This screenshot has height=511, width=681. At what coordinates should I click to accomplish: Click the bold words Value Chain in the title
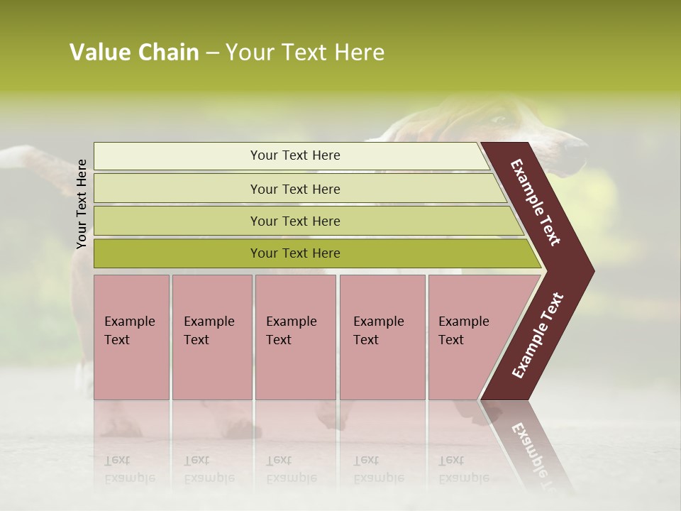[x=134, y=53]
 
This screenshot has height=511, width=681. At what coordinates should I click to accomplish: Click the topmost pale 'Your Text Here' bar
[x=295, y=155]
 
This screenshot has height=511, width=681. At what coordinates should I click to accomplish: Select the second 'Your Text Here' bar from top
[x=295, y=189]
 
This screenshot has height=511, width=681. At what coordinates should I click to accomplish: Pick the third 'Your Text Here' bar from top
[x=295, y=221]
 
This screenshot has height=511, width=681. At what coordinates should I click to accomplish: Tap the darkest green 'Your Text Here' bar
[x=295, y=253]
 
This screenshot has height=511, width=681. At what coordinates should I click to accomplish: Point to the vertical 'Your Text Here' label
[x=82, y=204]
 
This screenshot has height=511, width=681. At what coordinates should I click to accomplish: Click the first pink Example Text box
[x=131, y=337]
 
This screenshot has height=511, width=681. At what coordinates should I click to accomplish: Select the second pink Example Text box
[x=212, y=337]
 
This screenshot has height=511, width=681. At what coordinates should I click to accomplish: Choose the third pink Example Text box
[x=295, y=337]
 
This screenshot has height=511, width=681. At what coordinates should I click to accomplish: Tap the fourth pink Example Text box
[x=382, y=337]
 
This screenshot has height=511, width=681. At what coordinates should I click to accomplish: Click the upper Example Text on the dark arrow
[x=536, y=203]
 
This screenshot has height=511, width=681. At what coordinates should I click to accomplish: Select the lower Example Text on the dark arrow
[x=538, y=336]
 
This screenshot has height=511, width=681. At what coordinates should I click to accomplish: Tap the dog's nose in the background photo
[x=578, y=147]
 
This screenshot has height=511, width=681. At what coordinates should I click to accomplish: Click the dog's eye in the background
[x=499, y=120]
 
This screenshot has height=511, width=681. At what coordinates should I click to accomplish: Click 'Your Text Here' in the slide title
[x=305, y=53]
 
